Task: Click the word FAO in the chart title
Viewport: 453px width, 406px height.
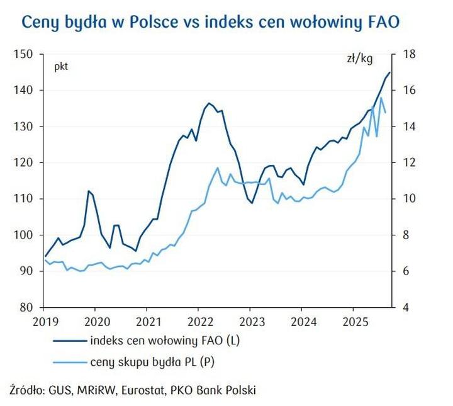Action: pos(379,23)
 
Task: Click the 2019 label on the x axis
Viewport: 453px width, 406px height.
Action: pos(43,321)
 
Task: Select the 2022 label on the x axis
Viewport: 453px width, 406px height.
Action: pos(198,321)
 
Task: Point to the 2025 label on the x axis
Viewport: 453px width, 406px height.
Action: pos(353,321)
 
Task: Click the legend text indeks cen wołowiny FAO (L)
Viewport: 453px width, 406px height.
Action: pos(165,342)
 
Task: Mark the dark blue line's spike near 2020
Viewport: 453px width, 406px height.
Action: pos(89,191)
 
